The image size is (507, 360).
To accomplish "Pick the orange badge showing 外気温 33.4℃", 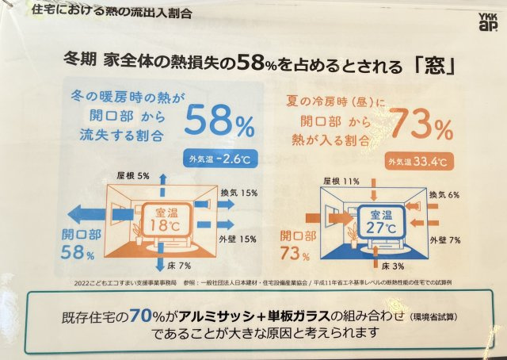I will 416,163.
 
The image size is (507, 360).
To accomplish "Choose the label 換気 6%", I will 446,194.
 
